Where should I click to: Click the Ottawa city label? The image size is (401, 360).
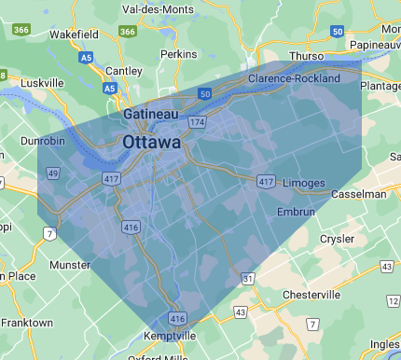tap(151, 143)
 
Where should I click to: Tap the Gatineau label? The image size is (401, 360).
tap(151, 114)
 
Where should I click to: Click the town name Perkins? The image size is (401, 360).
tap(179, 54)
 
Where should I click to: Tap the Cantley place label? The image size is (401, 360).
tap(124, 71)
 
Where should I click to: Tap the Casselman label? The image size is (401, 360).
tap(358, 194)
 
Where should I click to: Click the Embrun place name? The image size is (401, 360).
tap(297, 213)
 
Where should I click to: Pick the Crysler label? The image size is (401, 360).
tap(337, 239)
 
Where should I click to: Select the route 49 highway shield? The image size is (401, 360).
tap(53, 173)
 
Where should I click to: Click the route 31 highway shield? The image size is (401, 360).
tap(247, 279)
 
